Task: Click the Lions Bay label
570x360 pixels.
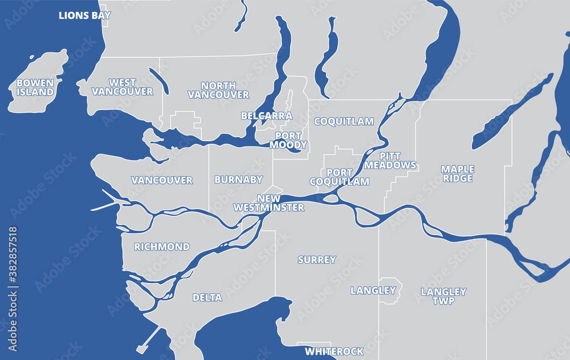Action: (x=84, y=15)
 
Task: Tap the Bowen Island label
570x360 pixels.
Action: (x=35, y=87)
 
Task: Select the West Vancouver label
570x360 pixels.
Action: (x=123, y=87)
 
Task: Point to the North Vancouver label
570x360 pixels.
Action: (x=218, y=90)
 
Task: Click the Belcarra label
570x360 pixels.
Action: (x=266, y=116)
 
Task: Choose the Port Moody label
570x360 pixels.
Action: (x=288, y=140)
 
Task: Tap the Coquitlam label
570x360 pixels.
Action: (x=344, y=121)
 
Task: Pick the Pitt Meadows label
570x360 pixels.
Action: (x=390, y=161)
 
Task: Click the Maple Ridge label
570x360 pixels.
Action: (x=457, y=174)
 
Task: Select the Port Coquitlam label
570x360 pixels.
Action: (x=339, y=177)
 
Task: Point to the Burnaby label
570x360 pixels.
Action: (x=238, y=180)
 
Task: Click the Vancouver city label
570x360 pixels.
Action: (x=162, y=181)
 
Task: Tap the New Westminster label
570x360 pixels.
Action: (x=269, y=203)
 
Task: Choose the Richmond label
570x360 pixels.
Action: (x=162, y=247)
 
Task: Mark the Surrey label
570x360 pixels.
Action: (x=317, y=260)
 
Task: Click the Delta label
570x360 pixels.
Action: (x=203, y=297)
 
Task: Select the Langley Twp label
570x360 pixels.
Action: (x=443, y=296)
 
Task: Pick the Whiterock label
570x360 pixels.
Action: (x=334, y=351)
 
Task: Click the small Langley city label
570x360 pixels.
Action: (x=373, y=291)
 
